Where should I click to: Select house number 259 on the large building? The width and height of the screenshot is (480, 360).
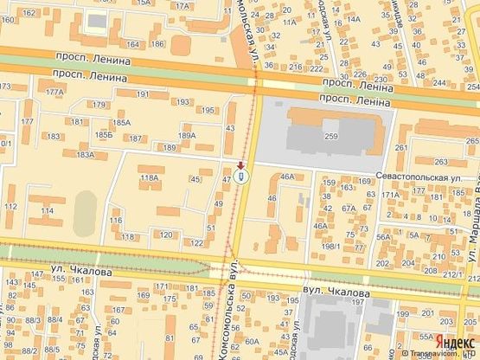330,136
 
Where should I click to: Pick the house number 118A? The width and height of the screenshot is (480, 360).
150,177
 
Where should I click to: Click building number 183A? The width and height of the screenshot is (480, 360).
85,154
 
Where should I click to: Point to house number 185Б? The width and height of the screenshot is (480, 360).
104,135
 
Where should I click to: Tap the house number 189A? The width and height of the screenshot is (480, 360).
187,135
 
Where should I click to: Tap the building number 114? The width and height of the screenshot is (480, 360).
47,210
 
